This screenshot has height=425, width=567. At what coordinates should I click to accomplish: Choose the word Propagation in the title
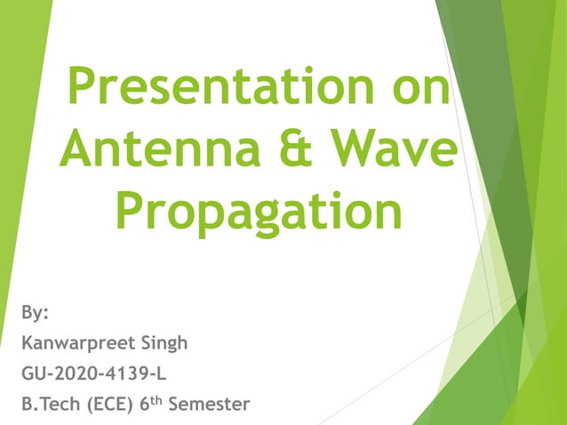[258, 213]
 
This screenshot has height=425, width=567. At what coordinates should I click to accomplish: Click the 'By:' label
[35, 313]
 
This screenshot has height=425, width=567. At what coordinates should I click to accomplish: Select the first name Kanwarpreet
[76, 343]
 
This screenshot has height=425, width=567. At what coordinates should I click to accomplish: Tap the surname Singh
[162, 343]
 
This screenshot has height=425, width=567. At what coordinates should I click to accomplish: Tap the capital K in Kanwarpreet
[27, 343]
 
